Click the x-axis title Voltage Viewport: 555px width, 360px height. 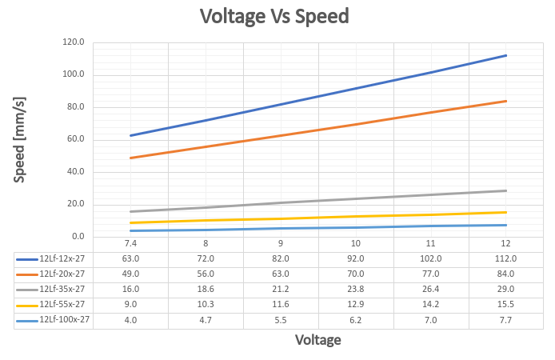coord(318,340)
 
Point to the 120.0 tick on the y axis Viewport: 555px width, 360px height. coord(73,42)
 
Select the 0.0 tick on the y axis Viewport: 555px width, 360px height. coord(78,237)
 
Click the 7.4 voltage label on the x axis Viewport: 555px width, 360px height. coord(130,243)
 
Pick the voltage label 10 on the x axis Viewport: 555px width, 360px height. coord(356,243)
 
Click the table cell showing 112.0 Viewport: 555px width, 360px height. coord(506,258)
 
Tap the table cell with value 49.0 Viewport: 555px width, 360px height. coord(130,274)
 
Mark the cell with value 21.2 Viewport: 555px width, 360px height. coord(281,289)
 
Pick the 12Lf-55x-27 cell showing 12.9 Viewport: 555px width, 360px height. coord(356,305)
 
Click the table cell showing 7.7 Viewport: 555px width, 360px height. coord(506,320)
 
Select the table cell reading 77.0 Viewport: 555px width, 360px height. coord(431,274)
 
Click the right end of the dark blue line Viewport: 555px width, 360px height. coord(506,55)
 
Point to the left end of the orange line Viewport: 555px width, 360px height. coord(130,158)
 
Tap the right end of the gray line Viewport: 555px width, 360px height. coord(506,190)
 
